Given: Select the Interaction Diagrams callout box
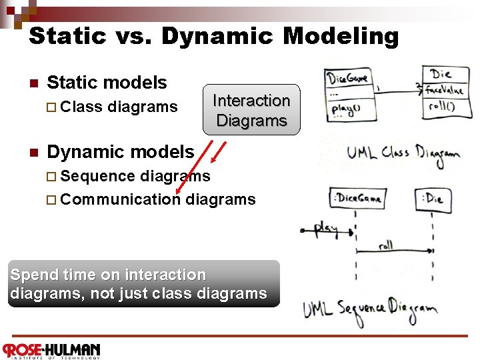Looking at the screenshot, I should pos(251,110).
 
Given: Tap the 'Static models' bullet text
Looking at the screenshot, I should pos(107,83).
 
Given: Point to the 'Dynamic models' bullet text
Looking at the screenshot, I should pos(120,152).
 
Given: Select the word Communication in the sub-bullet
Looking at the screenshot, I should pos(124,199).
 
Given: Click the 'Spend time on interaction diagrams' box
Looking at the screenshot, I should pos(143,284).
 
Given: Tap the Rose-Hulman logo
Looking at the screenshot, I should pos(51,350).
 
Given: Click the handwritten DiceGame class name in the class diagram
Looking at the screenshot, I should pos(347,78).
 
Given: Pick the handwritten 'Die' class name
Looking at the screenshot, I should pos(441,73).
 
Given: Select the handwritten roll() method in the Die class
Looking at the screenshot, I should pos(442,105).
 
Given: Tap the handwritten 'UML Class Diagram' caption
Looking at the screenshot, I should pos(403,153).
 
